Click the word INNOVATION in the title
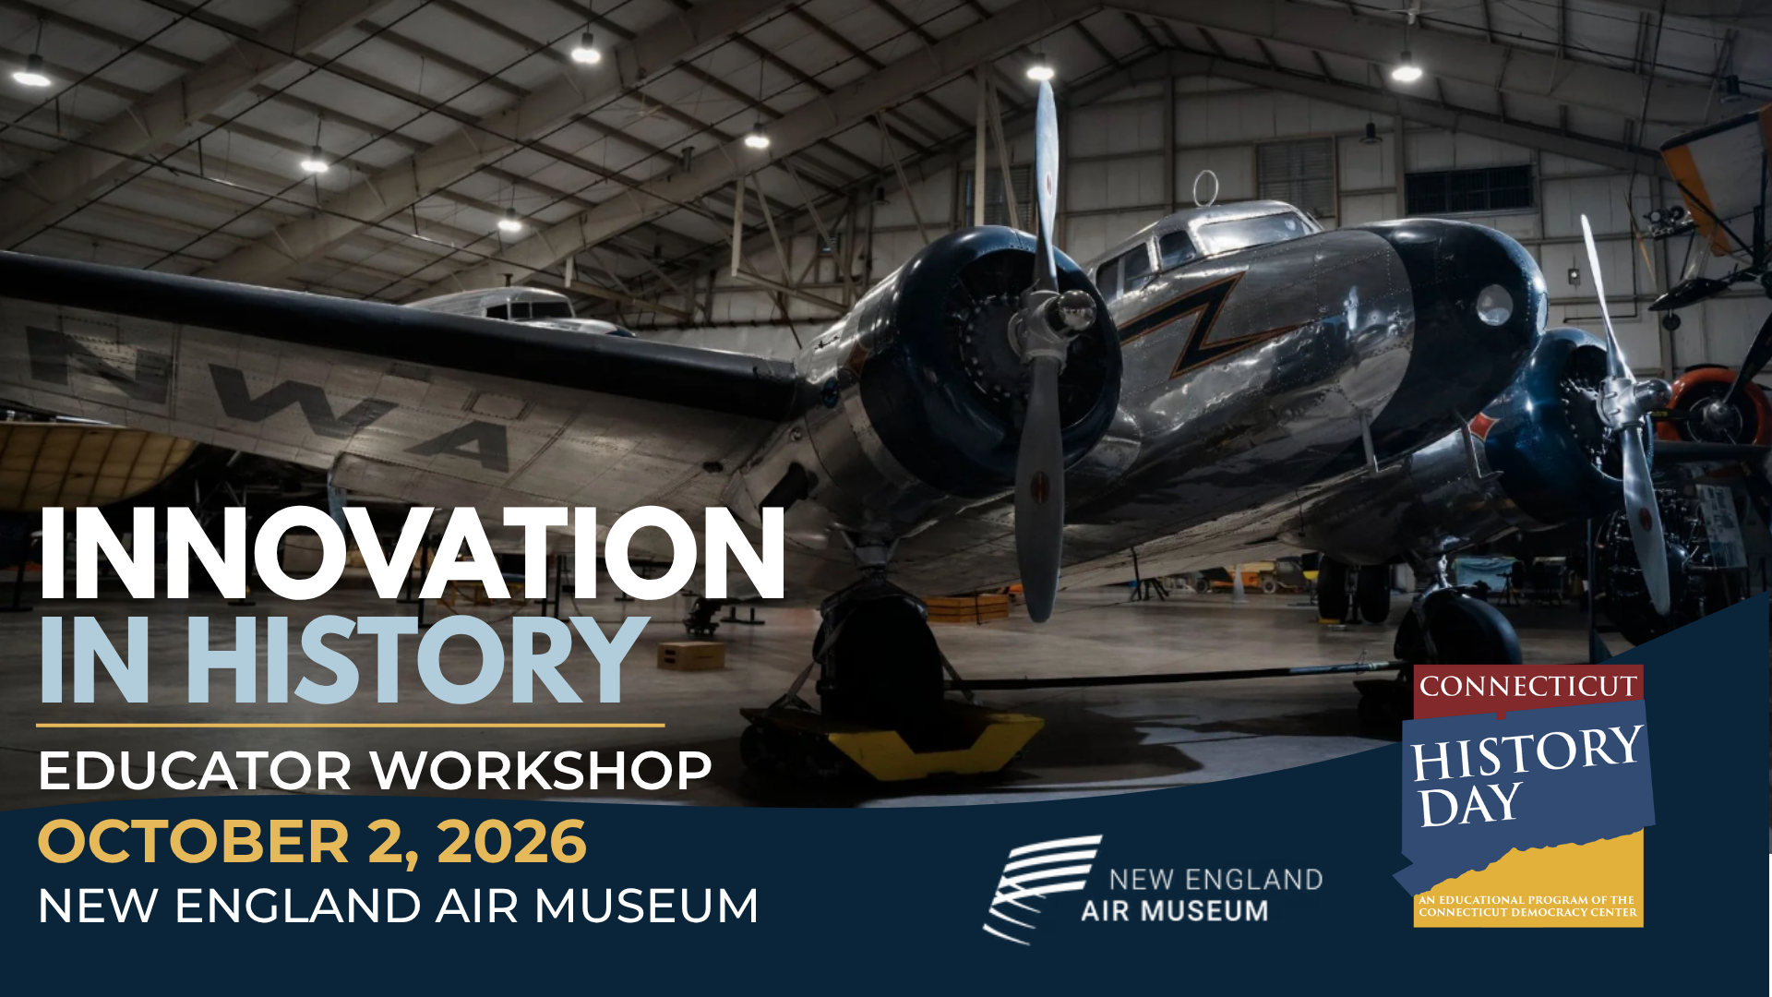click(x=412, y=554)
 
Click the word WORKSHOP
click(x=542, y=771)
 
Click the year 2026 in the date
click(x=512, y=842)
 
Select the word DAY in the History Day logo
click(x=1469, y=805)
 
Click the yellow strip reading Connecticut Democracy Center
click(x=1528, y=906)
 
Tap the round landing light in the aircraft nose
click(x=1494, y=306)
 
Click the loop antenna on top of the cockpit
click(x=1205, y=189)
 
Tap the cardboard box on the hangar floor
click(x=690, y=655)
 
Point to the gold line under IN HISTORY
click(x=351, y=726)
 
